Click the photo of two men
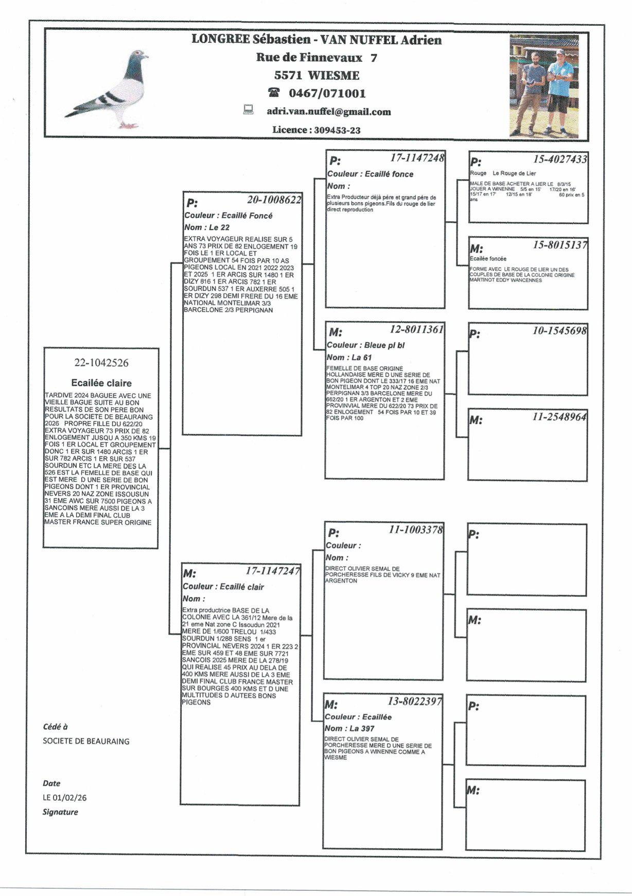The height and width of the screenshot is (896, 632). (544, 86)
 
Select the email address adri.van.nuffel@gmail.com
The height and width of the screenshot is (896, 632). (328, 112)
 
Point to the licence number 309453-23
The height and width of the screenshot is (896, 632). (337, 130)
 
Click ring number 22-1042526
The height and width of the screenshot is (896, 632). (101, 363)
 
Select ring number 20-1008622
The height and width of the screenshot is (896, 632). (274, 200)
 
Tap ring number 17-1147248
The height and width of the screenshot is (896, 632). (417, 157)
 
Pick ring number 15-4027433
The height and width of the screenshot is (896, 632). (559, 160)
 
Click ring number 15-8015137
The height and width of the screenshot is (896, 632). (559, 245)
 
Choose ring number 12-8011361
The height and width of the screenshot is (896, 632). (416, 329)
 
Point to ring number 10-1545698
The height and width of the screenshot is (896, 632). (559, 331)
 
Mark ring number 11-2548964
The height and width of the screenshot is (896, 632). (559, 417)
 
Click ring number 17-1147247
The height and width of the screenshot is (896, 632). (272, 571)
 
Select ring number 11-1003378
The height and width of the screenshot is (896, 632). (415, 530)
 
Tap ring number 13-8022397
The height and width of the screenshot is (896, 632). (414, 701)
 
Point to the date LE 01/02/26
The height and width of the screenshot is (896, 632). (65, 798)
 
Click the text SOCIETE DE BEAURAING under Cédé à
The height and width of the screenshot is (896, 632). (86, 741)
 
